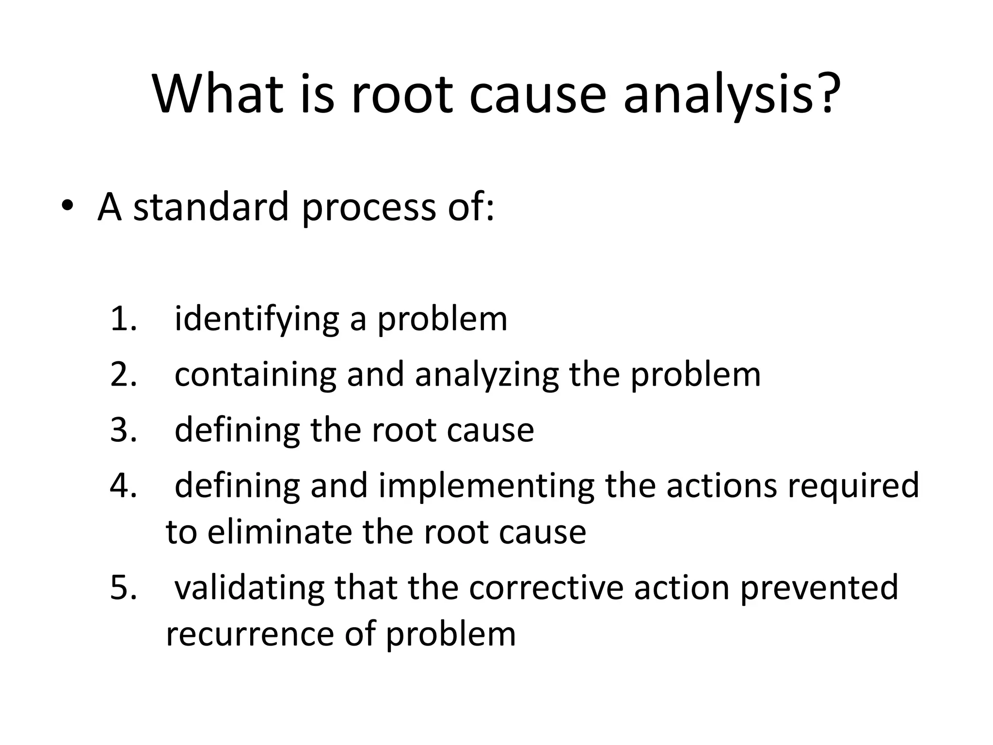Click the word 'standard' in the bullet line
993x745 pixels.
pyautogui.click(x=211, y=207)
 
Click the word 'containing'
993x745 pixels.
pyautogui.click(x=255, y=375)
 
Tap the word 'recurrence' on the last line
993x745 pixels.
pyautogui.click(x=250, y=634)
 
